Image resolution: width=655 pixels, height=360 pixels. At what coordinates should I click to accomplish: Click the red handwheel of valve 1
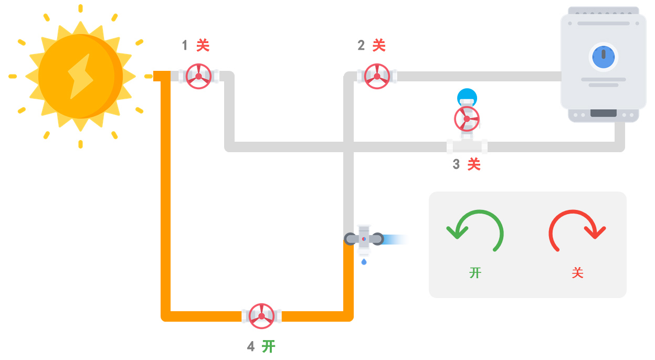[x=198, y=77]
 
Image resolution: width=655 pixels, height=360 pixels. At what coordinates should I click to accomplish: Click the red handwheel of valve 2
[x=377, y=77]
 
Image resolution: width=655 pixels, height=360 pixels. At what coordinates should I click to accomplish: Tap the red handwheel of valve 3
[x=467, y=119]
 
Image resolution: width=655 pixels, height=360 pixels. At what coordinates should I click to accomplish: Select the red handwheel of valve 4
[x=261, y=316]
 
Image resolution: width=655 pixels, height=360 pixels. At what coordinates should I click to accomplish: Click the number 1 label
[x=185, y=46]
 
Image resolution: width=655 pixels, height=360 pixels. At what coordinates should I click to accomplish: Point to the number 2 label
[x=361, y=46]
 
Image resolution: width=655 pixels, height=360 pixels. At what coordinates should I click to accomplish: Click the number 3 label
[x=456, y=165]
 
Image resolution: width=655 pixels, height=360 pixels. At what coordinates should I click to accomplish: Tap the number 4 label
[x=251, y=346]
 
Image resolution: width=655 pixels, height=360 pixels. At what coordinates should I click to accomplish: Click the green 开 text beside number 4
[x=269, y=346]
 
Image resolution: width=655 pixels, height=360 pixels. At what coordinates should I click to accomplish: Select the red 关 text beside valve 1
[x=203, y=46]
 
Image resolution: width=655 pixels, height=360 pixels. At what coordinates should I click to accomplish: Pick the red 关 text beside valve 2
[x=379, y=46]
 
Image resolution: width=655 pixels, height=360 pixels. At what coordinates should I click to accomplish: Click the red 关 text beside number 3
[x=474, y=165]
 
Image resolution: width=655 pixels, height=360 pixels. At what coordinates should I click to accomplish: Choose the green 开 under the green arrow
[x=476, y=273]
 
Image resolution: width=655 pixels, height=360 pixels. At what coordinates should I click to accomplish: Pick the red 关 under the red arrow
[x=577, y=273]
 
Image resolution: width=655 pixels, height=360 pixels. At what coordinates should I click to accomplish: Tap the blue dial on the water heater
[x=604, y=57]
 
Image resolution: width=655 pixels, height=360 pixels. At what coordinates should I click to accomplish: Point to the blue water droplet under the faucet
[x=364, y=261]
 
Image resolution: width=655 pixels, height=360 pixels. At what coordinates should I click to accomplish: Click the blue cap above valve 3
[x=467, y=96]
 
